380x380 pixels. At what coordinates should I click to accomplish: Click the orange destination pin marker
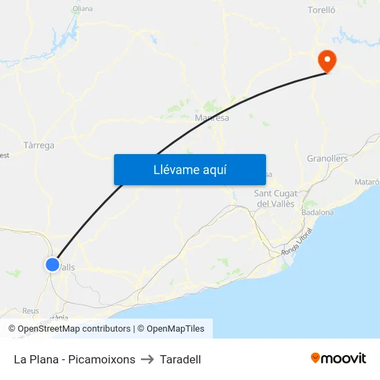click(x=326, y=60)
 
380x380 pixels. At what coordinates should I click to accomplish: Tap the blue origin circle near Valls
click(x=53, y=265)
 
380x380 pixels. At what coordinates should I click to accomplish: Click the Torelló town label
click(x=321, y=10)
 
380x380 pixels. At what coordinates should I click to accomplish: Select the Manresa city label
click(x=212, y=118)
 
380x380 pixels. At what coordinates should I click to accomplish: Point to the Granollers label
click(x=327, y=158)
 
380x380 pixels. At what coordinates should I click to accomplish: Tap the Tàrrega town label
click(x=39, y=146)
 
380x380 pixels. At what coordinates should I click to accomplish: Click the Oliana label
click(x=82, y=9)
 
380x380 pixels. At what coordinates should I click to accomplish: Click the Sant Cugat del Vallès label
click(x=275, y=198)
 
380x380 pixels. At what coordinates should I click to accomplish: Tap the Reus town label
click(x=30, y=311)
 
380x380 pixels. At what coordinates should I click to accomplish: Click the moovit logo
click(x=339, y=359)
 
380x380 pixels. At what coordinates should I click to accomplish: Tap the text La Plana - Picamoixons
click(x=75, y=359)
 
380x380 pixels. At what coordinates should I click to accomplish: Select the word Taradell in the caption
click(x=180, y=359)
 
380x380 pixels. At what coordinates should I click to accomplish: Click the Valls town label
click(x=67, y=267)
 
